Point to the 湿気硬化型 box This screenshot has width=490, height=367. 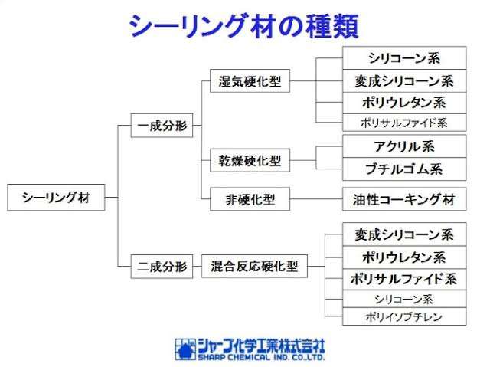250,80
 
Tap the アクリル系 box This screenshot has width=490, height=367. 403,146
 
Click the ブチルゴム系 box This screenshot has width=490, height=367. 403,169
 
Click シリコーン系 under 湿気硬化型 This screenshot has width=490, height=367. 403,58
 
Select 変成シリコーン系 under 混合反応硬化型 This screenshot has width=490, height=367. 403,235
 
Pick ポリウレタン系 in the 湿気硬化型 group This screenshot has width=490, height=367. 403,102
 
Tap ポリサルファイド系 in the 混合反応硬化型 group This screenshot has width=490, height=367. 403,278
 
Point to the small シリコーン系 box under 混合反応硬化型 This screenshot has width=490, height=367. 403,299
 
